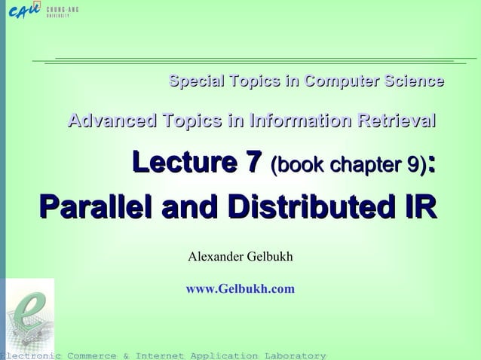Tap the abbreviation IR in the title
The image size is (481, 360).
(x=418, y=205)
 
